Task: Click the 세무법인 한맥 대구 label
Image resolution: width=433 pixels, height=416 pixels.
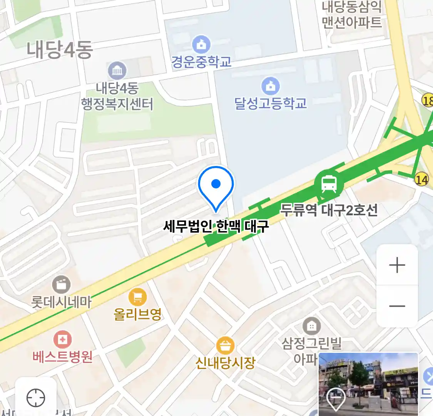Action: pos(216,226)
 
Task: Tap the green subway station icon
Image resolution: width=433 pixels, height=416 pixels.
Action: pos(329,185)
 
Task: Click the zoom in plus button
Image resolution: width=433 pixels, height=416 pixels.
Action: pos(397,265)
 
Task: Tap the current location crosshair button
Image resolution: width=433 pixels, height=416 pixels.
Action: pos(36,398)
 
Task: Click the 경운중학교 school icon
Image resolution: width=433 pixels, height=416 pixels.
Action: pos(201,45)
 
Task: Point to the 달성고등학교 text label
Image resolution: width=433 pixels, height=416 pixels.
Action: pos(271,103)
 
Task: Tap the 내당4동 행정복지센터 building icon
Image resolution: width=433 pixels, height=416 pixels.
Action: pos(117,71)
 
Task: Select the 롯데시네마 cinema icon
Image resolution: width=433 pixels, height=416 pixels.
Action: pos(61,285)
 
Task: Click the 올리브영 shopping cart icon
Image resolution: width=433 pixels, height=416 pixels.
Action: pos(137,297)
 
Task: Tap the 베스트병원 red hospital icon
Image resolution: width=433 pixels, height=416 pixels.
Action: pos(62,340)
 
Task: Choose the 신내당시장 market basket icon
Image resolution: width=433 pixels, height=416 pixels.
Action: pos(225,346)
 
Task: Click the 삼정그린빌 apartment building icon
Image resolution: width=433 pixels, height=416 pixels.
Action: pos(311,326)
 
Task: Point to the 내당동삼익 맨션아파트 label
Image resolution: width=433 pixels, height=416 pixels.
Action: pos(351,15)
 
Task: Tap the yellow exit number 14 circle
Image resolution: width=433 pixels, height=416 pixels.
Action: pos(421,179)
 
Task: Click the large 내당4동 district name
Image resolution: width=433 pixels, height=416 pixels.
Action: pos(60,50)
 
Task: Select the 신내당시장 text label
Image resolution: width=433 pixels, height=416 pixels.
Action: pos(225,362)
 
